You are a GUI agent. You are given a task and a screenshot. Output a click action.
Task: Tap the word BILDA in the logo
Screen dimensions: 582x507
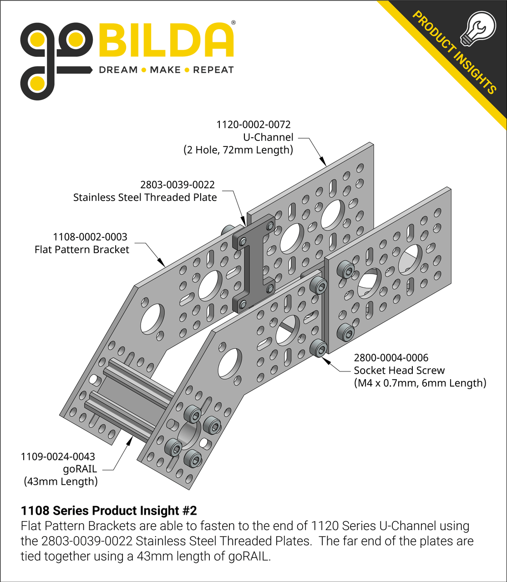(x=166, y=41)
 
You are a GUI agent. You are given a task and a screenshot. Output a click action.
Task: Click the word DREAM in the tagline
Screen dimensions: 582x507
(x=118, y=70)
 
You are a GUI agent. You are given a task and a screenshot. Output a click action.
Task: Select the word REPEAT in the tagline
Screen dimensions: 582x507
(x=213, y=70)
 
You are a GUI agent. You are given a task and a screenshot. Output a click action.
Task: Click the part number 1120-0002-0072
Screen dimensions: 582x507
(x=253, y=125)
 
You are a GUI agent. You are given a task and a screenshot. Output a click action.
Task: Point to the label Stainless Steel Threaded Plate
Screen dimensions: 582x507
(x=145, y=197)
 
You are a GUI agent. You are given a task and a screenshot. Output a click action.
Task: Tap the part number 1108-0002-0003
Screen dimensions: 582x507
(x=90, y=237)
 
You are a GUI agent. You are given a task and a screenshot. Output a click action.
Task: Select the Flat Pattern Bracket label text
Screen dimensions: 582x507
(x=82, y=250)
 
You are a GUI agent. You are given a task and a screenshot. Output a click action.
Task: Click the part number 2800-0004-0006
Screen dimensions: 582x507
(x=391, y=358)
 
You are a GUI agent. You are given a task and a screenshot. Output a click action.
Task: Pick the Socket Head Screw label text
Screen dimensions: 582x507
(x=399, y=371)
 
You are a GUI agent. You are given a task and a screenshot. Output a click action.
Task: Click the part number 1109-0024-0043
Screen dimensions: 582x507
(x=58, y=457)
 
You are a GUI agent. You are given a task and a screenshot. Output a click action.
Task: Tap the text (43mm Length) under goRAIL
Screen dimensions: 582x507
(x=61, y=482)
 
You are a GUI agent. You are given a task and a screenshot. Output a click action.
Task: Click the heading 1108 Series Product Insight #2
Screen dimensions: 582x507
(x=109, y=511)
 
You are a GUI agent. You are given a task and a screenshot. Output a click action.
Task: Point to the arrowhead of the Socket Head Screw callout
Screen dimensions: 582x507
(x=325, y=360)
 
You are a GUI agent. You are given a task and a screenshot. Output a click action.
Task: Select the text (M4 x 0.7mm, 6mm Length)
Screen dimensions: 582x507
(x=420, y=383)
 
